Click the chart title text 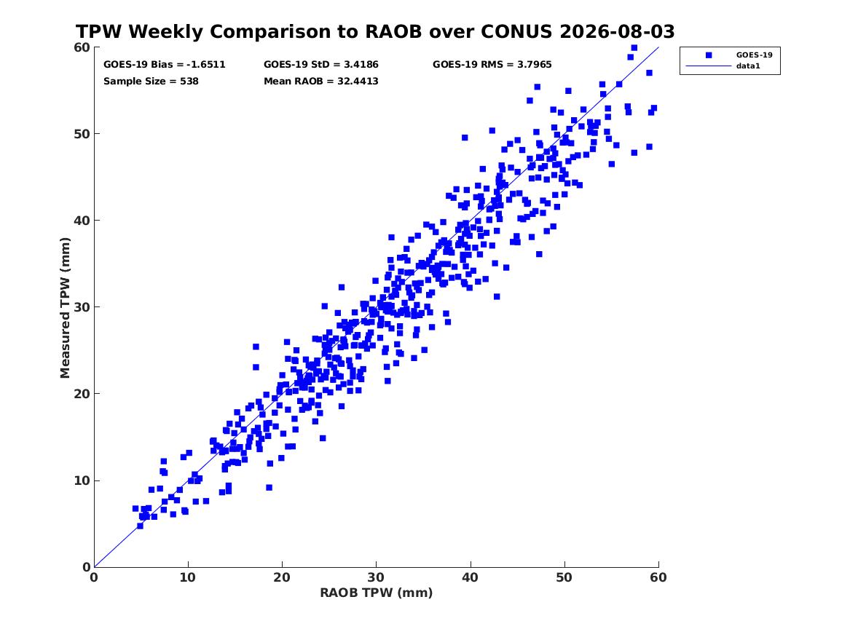(375, 31)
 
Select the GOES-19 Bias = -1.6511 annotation (165, 65)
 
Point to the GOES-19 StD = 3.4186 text (321, 65)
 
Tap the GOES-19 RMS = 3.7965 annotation (492, 65)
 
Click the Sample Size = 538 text (151, 82)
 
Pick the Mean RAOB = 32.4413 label (321, 82)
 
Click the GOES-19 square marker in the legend (709, 55)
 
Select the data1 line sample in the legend (709, 66)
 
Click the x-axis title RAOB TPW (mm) (377, 593)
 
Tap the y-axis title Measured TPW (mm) (65, 308)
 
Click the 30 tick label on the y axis (82, 307)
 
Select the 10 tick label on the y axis (82, 480)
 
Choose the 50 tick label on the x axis (564, 577)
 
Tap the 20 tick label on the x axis (282, 577)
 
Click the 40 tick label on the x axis (470, 577)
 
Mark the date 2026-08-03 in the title (617, 31)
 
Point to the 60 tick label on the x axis (658, 577)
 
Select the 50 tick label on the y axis (82, 134)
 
